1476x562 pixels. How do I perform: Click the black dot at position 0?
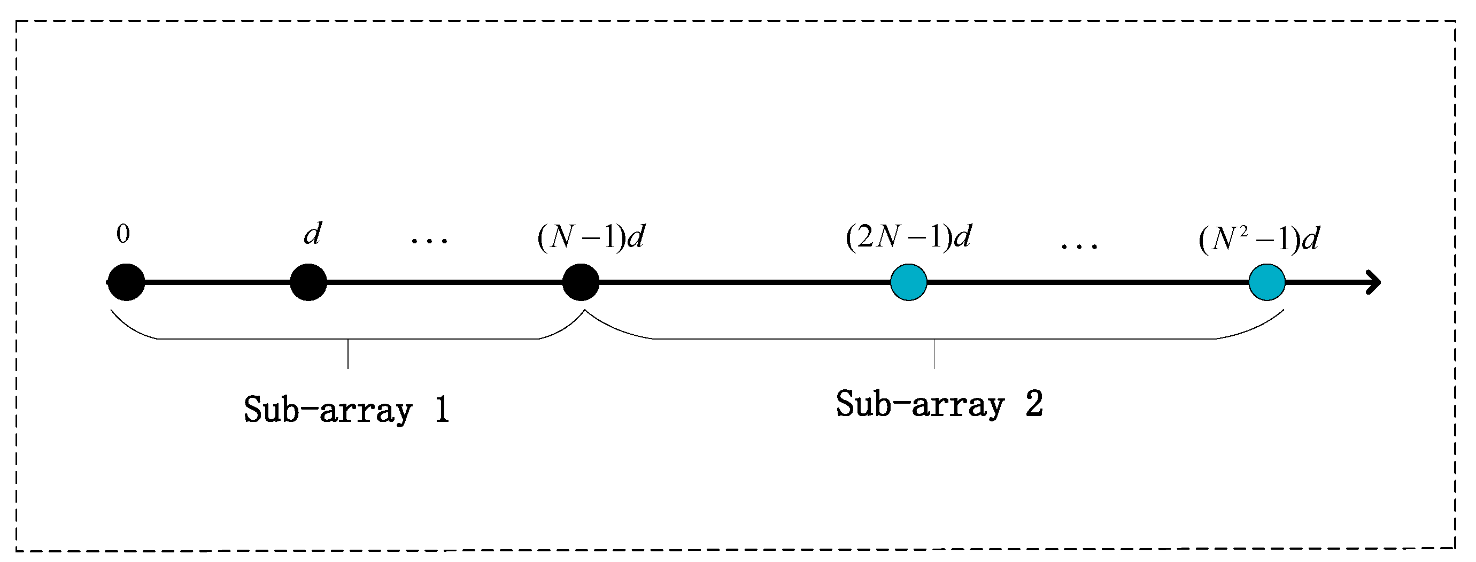[x=126, y=282]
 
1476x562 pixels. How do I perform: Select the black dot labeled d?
[x=308, y=282]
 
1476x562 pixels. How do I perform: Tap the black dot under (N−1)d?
[x=581, y=282]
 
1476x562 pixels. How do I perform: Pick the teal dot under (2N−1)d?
[x=908, y=282]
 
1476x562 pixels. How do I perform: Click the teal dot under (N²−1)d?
[x=1267, y=282]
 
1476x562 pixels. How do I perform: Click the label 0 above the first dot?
[x=123, y=234]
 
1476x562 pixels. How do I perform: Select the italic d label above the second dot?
[x=312, y=233]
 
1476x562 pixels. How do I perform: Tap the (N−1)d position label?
[x=591, y=236]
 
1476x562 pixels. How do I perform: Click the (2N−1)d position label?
[x=909, y=236]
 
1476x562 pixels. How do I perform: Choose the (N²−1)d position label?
[x=1259, y=239]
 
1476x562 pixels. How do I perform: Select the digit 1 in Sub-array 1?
[x=442, y=410]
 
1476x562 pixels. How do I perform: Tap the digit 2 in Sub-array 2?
[x=1034, y=404]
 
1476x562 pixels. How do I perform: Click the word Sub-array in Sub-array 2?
[x=920, y=404]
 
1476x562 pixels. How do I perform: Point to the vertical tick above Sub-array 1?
[x=348, y=353]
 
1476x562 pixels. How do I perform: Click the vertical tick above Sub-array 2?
[x=934, y=353]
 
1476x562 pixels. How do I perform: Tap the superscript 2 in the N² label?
[x=1243, y=231]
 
